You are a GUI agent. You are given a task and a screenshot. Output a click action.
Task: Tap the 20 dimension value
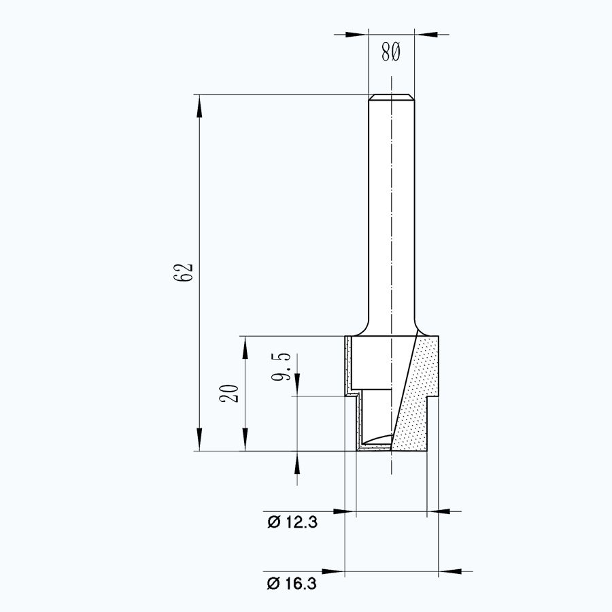pyautogui.click(x=230, y=393)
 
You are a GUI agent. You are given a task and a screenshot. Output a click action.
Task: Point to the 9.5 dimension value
pyautogui.click(x=284, y=367)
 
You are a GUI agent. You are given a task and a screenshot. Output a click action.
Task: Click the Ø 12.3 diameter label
pyautogui.click(x=292, y=522)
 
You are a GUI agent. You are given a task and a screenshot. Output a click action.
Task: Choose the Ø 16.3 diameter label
pyautogui.click(x=292, y=583)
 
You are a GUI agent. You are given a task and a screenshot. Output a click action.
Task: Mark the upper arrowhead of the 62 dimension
pyautogui.click(x=199, y=103)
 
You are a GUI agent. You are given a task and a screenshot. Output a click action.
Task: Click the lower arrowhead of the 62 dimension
pyautogui.click(x=199, y=443)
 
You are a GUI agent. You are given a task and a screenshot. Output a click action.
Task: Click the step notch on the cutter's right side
pyautogui.click(x=432, y=397)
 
